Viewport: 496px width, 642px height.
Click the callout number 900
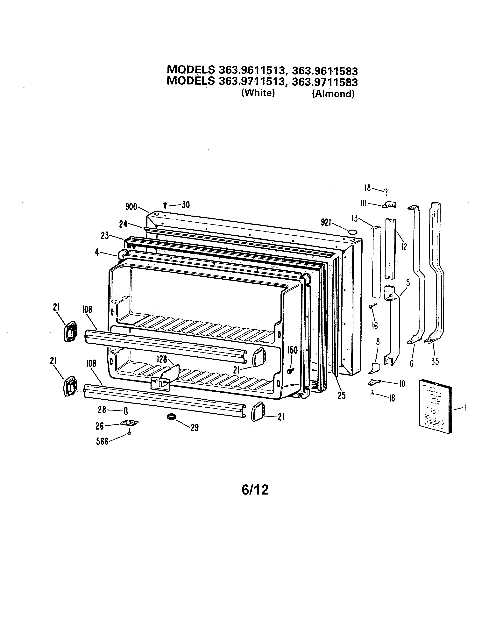tap(131, 207)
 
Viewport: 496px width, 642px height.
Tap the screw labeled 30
tap(165, 205)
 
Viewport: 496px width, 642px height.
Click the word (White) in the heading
tap(258, 93)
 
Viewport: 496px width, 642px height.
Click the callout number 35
tap(435, 361)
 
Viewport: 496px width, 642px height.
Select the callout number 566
tap(102, 442)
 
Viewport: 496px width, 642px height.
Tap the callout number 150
tap(292, 350)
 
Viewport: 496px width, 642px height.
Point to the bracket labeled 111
tap(389, 205)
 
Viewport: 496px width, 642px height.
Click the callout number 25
tap(341, 396)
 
